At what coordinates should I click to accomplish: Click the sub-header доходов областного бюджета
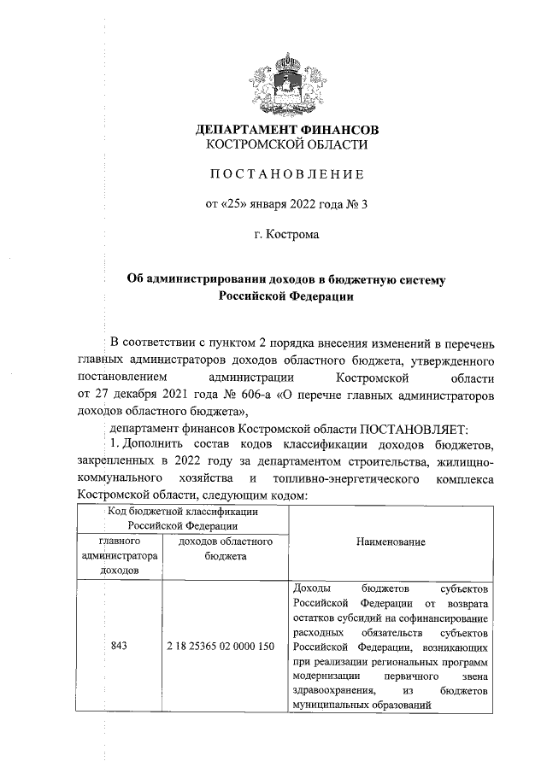[x=225, y=548]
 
